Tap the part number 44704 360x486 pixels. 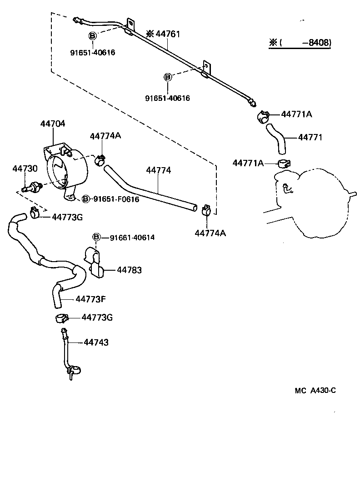tap(53, 123)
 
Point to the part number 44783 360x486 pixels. tap(129, 270)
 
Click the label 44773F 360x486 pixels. tap(90, 299)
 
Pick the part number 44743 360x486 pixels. tap(96, 342)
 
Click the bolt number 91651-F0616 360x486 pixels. tap(116, 199)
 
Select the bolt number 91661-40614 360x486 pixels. tap(132, 237)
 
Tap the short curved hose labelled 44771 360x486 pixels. tap(276, 138)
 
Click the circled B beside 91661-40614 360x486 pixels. tap(96, 237)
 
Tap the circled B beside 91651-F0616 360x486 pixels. tap(85, 199)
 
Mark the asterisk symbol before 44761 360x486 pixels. tap(150, 34)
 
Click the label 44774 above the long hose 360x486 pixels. tap(158, 170)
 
